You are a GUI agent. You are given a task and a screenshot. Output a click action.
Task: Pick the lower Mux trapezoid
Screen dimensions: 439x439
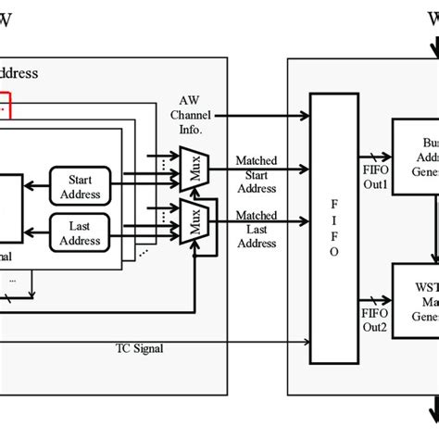195,221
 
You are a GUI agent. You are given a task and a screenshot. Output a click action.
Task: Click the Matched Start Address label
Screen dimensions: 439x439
256,175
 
